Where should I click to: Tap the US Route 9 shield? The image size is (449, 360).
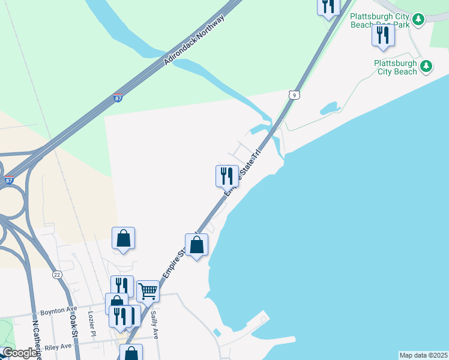pos(293,95)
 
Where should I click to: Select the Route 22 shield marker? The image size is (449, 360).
pos(57,274)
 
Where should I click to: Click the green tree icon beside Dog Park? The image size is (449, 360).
pos(419,20)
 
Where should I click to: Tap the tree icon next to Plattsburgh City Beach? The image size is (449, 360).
pos(426,66)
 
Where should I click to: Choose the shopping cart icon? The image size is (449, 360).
pos(148,292)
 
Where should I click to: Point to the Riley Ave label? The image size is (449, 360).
pos(57,346)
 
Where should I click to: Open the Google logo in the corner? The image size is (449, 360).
pos(20,353)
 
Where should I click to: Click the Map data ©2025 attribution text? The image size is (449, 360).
pos(423,355)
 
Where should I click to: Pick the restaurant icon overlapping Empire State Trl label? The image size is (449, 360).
pos(227,176)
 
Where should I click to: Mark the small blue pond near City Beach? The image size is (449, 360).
pos(329,109)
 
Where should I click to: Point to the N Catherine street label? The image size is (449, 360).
pos(36,339)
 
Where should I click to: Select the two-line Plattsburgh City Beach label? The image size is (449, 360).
pos(395,67)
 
